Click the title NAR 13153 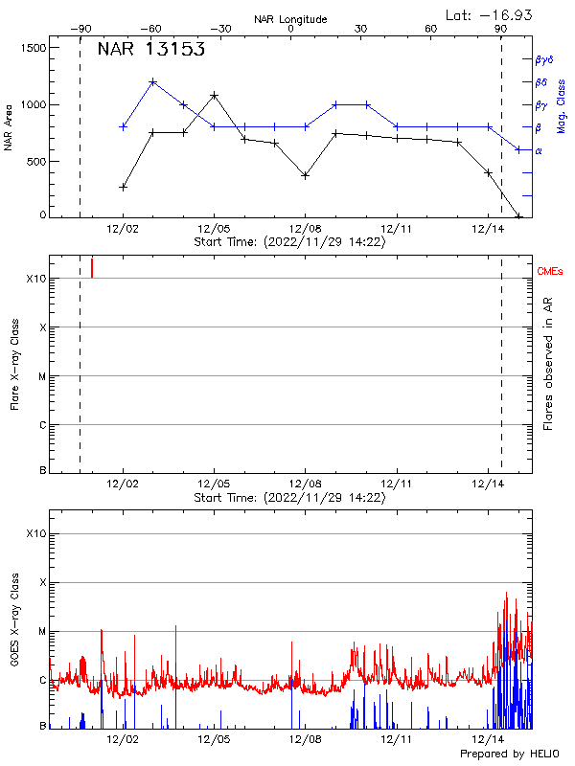click(x=151, y=50)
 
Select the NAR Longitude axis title click(x=290, y=19)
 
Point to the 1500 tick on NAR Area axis click(x=34, y=48)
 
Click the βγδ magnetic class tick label click(x=543, y=59)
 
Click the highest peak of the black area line click(x=214, y=96)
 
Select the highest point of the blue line click(x=153, y=82)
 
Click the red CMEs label click(x=551, y=273)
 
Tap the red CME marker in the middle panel click(x=92, y=267)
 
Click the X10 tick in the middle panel click(x=36, y=279)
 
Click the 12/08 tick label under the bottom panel click(x=305, y=739)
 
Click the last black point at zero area click(x=518, y=216)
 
